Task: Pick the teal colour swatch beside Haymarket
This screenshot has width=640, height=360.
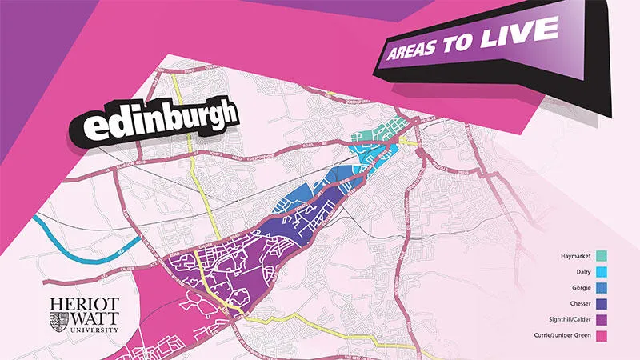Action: [601, 256]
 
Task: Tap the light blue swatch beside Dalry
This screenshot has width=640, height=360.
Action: [601, 272]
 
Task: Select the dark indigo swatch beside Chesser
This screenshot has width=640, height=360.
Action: [601, 304]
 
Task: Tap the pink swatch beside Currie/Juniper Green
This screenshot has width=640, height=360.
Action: [601, 335]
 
